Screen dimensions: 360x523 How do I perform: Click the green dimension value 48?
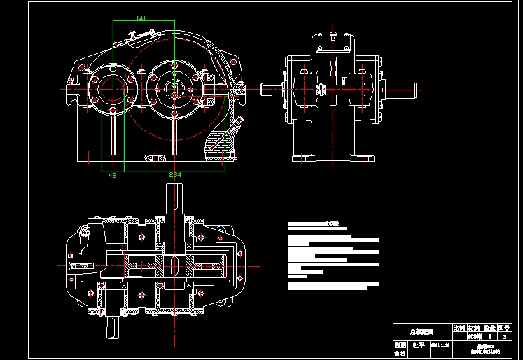pos(112,175)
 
